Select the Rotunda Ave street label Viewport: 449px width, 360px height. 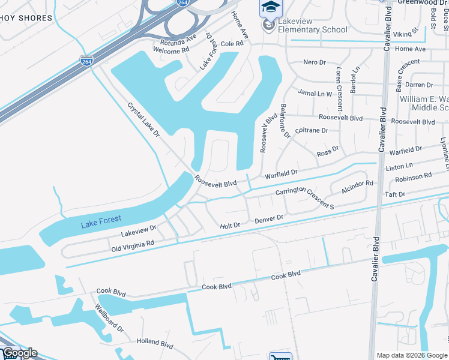(178, 41)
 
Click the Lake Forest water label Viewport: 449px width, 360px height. (101, 221)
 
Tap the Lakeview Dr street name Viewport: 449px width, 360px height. (138, 229)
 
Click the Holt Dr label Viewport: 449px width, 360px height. (230, 226)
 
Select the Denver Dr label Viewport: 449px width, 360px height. (268, 220)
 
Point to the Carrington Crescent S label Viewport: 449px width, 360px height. (304, 199)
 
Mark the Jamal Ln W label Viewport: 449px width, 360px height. (315, 94)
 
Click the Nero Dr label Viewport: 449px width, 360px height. (314, 62)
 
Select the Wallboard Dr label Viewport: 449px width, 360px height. (109, 317)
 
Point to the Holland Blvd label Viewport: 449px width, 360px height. (154, 344)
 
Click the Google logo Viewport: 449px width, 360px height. (20, 353)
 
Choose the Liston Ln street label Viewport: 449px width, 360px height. (400, 165)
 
